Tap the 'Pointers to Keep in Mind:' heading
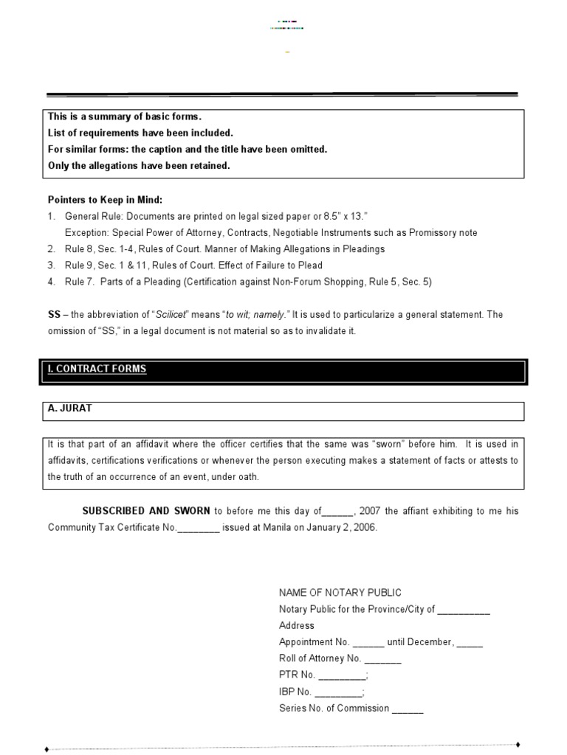105,200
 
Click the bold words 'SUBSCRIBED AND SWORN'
146,511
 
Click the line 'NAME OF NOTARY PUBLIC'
340,593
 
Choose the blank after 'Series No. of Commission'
408,709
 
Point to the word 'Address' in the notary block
297,626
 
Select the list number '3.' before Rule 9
52,265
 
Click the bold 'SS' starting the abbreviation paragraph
54,315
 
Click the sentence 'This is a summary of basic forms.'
124,117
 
